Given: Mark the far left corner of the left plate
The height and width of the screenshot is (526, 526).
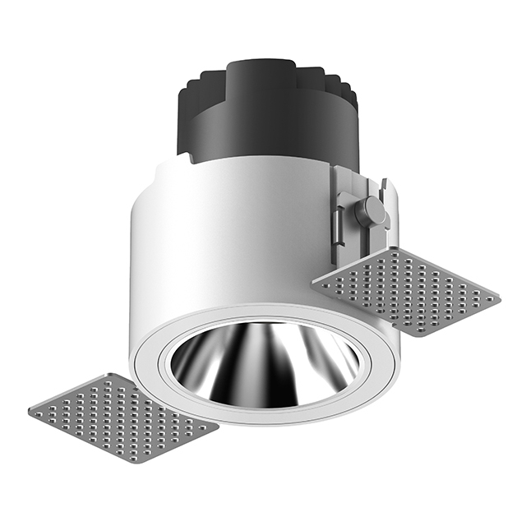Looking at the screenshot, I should tap(30, 410).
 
